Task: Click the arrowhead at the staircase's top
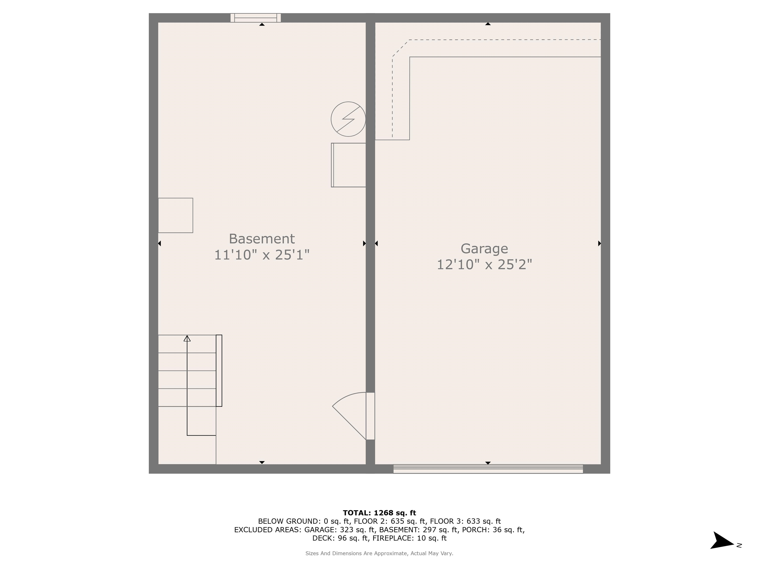pos(187,339)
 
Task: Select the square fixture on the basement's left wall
pos(175,215)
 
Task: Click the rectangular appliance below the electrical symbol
pos(349,165)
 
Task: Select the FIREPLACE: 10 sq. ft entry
pos(409,538)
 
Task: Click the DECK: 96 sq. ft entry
pos(340,538)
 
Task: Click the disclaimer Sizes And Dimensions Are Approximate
pos(379,553)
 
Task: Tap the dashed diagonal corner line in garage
pos(401,48)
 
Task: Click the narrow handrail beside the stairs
pos(219,370)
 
